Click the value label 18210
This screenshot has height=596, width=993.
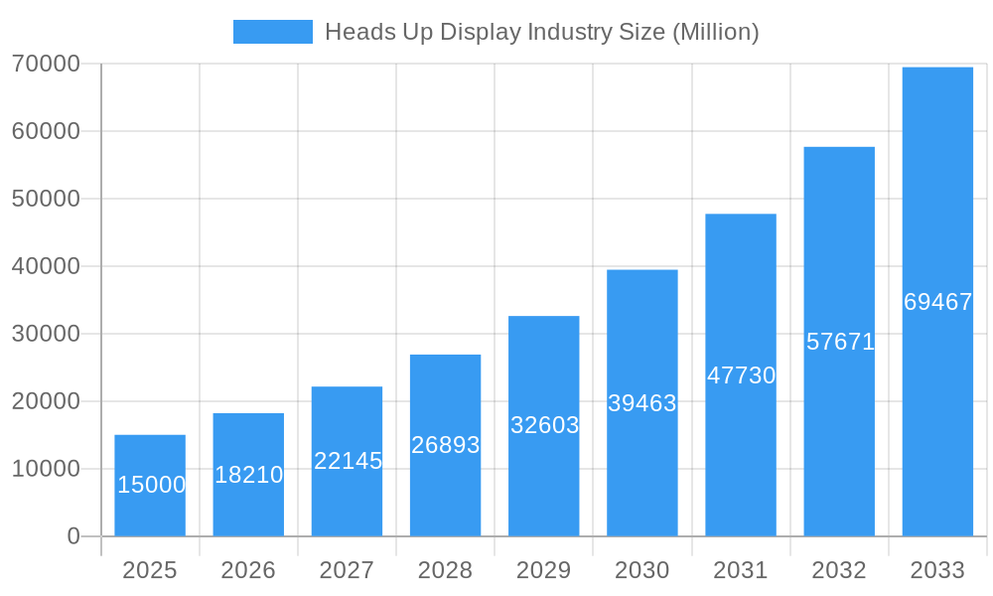coord(248,475)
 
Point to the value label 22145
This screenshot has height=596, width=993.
coord(348,461)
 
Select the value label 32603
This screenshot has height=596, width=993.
coord(544,425)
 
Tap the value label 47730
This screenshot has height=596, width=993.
coord(741,375)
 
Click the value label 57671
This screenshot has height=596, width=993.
coord(840,342)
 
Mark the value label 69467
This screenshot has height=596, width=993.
coord(937,302)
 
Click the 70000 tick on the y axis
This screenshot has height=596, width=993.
coord(46,64)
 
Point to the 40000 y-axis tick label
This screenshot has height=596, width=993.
coord(46,266)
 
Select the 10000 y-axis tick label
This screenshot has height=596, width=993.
coord(46,469)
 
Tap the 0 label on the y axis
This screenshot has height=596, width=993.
coord(73,536)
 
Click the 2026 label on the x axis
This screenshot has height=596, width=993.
coord(248,570)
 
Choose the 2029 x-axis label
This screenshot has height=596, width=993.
coord(544,570)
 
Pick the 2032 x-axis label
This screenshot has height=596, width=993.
coord(839,570)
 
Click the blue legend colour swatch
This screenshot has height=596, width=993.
coord(273,32)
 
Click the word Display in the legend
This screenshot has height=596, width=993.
coord(481,32)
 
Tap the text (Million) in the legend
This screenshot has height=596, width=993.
coord(715,32)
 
